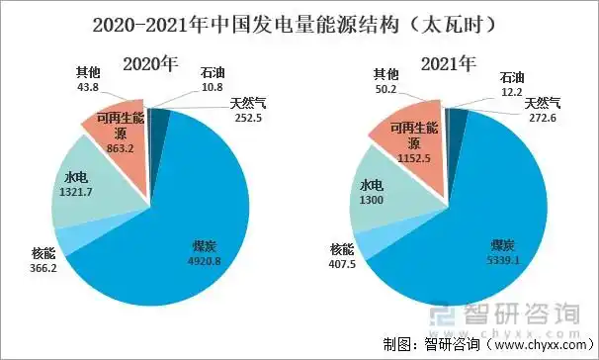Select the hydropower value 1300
point(372,199)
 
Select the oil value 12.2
point(513,91)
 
